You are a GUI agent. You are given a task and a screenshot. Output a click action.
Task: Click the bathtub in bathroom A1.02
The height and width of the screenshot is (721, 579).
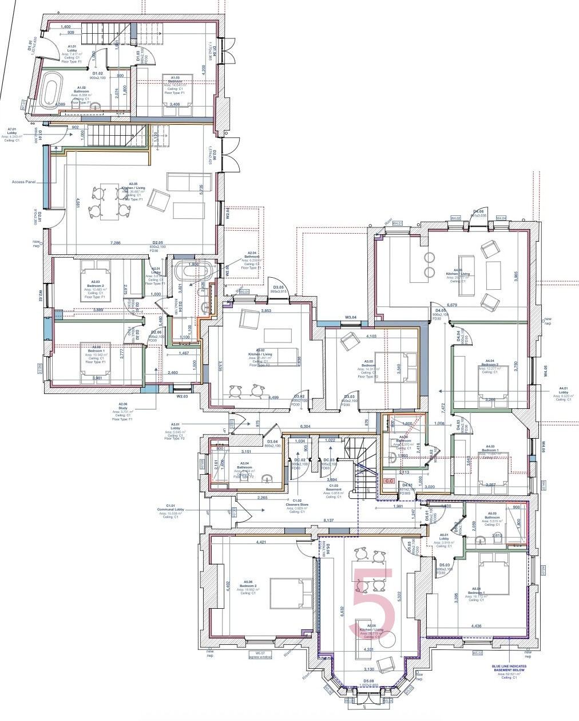pyautogui.click(x=51, y=90)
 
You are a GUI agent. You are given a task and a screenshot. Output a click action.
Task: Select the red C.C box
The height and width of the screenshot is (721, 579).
pyautogui.click(x=390, y=482)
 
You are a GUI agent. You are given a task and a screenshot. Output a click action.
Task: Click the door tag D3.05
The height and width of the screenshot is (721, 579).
pyautogui.click(x=279, y=289)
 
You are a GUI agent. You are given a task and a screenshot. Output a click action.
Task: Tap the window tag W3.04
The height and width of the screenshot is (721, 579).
pyautogui.click(x=350, y=317)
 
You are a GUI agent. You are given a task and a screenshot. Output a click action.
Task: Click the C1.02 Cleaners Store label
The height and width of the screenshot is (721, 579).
pyautogui.click(x=297, y=504)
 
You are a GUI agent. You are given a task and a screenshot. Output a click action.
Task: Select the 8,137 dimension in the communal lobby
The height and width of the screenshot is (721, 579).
pyautogui.click(x=328, y=521)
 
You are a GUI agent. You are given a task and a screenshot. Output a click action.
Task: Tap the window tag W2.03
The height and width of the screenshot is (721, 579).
pyautogui.click(x=183, y=396)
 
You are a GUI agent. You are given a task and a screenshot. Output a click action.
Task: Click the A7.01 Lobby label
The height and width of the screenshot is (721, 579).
pyautogui.click(x=11, y=134)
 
